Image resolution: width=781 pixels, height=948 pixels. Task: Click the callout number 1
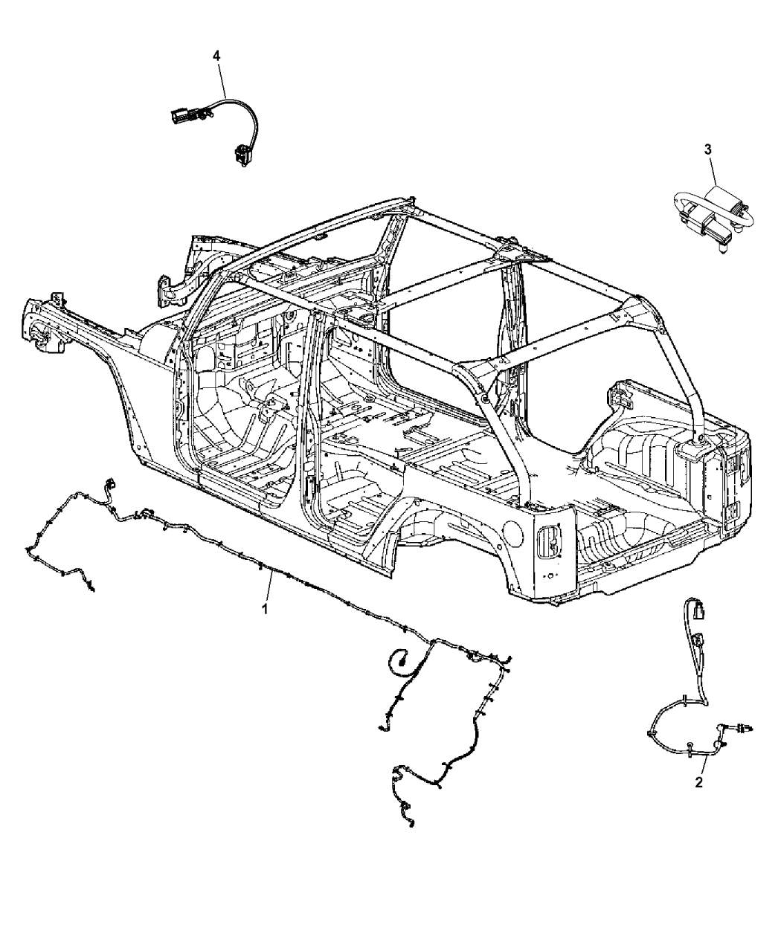click(x=266, y=609)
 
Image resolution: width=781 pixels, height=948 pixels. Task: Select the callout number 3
click(x=708, y=149)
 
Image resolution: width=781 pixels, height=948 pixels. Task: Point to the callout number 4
click(x=216, y=56)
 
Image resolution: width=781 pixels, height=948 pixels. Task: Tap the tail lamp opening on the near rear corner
click(x=550, y=541)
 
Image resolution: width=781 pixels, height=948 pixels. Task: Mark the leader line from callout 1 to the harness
click(x=270, y=587)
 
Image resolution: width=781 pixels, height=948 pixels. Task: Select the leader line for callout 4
click(x=222, y=81)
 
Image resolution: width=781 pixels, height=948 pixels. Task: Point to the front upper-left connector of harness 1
click(x=110, y=483)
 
